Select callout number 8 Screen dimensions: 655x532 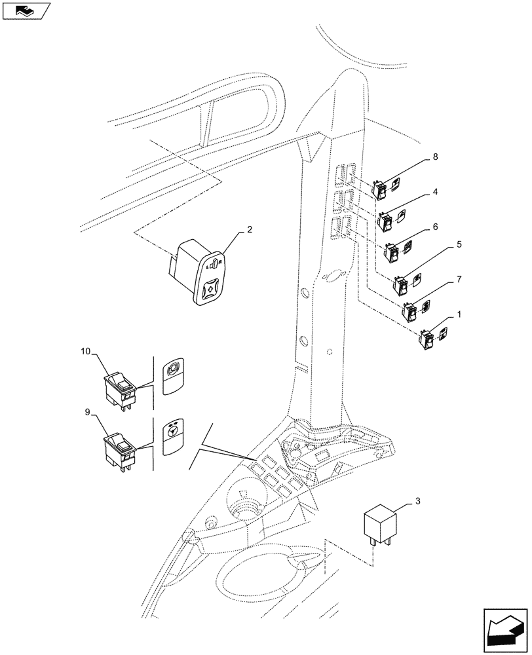436,157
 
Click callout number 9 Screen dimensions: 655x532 88,413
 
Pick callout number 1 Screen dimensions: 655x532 460,314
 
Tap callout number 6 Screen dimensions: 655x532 436,227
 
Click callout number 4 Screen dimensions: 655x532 436,193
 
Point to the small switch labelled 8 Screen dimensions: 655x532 380,190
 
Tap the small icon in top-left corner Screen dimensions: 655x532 26,11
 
